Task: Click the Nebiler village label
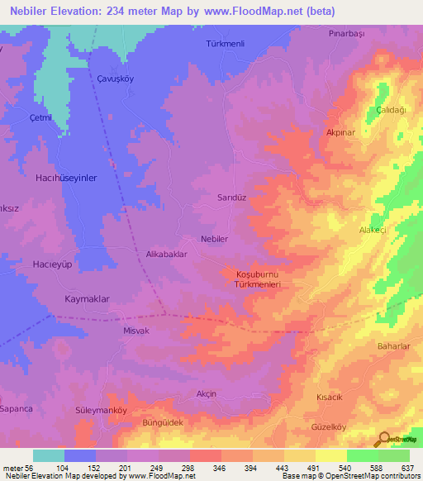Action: pos(214,238)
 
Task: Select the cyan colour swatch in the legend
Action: pos(49,455)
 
